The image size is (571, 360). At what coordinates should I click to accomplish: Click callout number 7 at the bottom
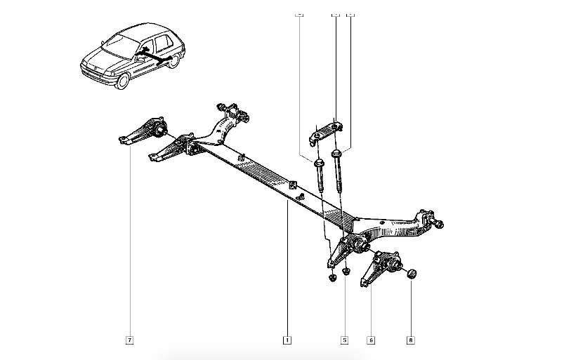(129, 340)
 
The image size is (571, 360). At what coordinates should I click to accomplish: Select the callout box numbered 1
(287, 340)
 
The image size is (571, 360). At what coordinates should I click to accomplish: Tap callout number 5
(344, 340)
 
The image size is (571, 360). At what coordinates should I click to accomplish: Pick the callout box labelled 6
(370, 340)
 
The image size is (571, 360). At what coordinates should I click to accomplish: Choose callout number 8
(411, 340)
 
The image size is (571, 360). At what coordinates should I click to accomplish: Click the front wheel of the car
(123, 80)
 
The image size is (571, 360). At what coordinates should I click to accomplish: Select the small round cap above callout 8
(412, 273)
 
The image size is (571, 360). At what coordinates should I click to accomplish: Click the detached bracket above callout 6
(379, 267)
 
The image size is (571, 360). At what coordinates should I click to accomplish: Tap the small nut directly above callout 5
(346, 269)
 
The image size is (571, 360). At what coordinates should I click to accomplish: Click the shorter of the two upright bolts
(320, 175)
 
